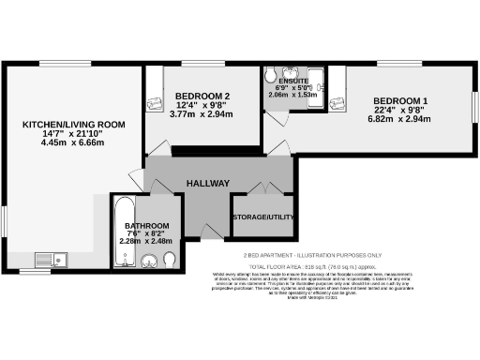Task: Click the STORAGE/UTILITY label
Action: point(264,217)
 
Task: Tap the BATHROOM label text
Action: point(147,227)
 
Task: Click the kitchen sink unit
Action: point(49,260)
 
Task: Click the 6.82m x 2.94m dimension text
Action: point(400,120)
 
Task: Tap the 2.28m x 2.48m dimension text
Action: point(147,240)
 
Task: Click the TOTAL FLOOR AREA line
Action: point(310,265)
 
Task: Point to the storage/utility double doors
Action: point(264,188)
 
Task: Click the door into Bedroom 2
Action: point(157,149)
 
